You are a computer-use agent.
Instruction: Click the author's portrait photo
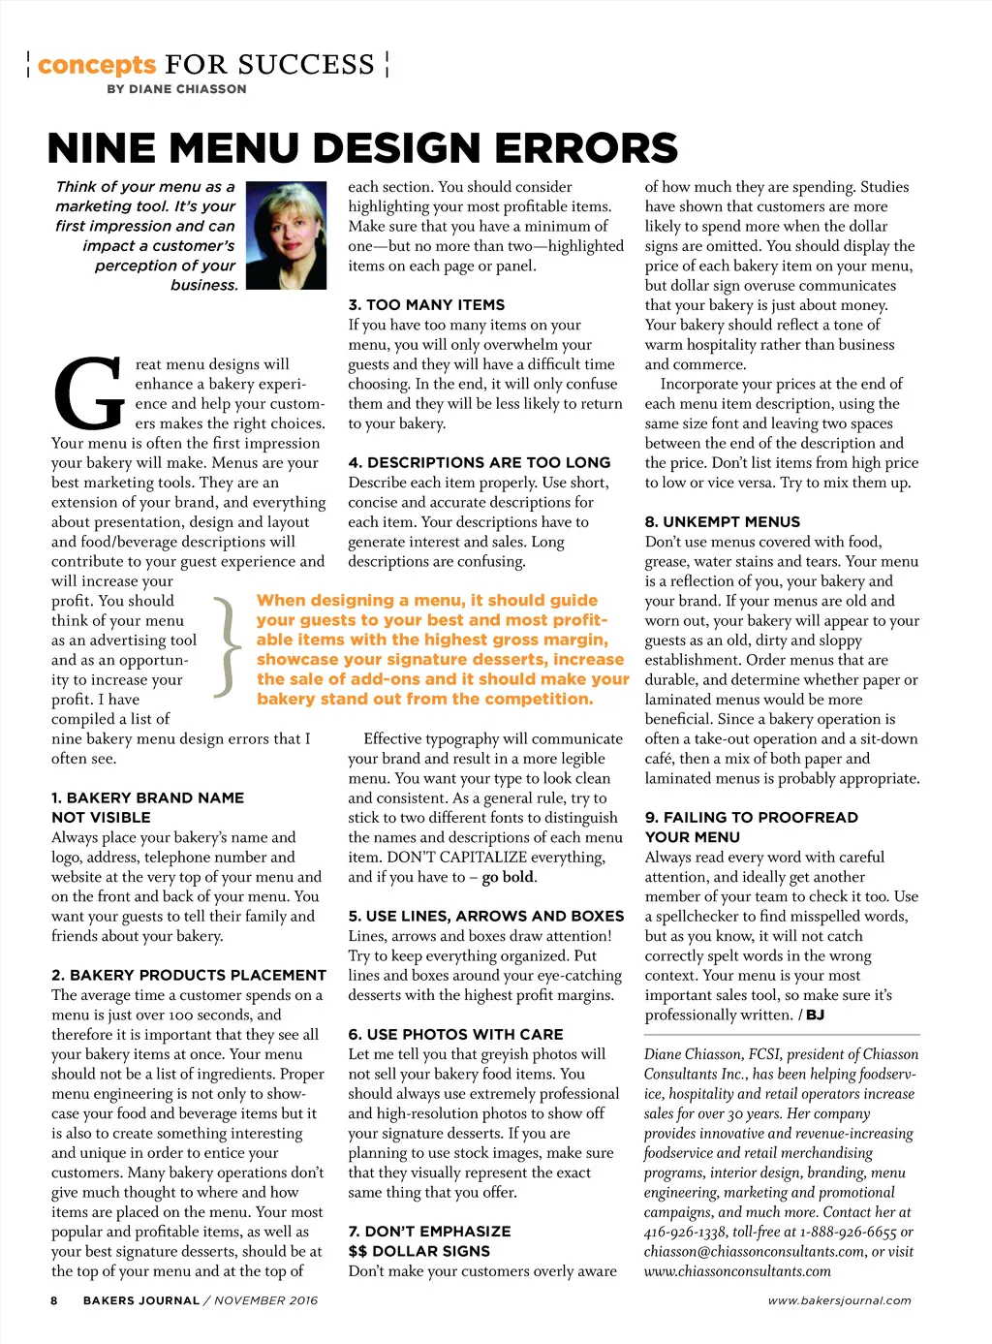(x=286, y=235)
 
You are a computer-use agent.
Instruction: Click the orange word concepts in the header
(x=97, y=65)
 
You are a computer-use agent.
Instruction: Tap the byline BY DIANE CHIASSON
(x=176, y=89)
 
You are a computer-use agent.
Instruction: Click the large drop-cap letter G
(x=88, y=393)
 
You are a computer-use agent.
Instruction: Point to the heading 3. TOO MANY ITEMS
(x=426, y=304)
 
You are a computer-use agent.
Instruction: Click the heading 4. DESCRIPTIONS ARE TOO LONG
(x=480, y=462)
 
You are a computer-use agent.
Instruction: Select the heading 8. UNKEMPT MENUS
(x=723, y=521)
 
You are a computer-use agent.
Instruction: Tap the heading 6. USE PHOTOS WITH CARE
(x=455, y=1034)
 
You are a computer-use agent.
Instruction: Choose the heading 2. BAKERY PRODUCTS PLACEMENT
(x=189, y=975)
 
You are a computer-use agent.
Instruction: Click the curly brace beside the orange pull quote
(x=227, y=646)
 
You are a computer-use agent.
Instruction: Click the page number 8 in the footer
(x=54, y=1300)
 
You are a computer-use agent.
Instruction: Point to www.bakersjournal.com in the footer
(x=839, y=1300)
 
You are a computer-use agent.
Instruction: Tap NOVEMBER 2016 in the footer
(x=266, y=1300)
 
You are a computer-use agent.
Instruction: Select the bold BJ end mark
(x=815, y=1015)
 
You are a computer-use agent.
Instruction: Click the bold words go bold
(x=509, y=877)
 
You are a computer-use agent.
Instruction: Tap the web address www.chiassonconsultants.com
(x=737, y=1270)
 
